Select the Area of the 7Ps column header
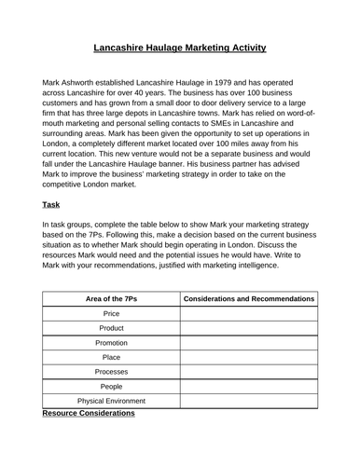[x=110, y=298]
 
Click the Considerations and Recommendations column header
[x=248, y=298]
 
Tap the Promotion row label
[x=110, y=343]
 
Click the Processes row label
[x=110, y=372]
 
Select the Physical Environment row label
[x=110, y=401]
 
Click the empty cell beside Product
[x=248, y=329]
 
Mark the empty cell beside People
[x=248, y=386]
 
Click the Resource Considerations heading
[x=89, y=413]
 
